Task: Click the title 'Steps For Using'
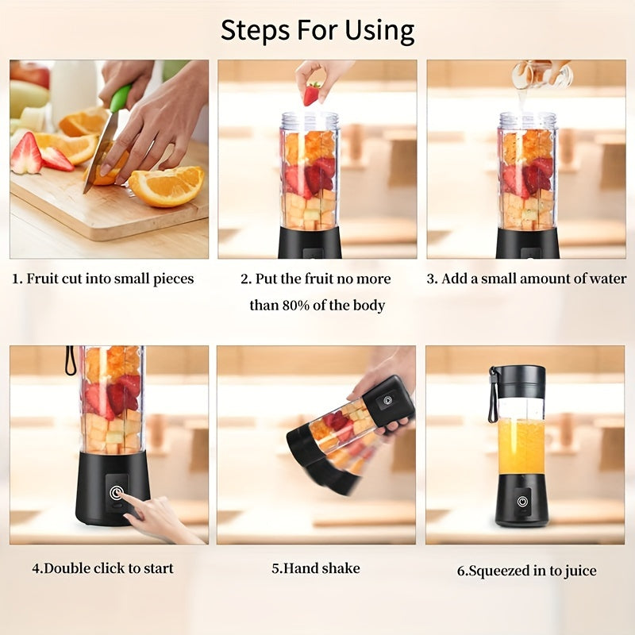[317, 30]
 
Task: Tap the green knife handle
[120, 98]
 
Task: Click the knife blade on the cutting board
[99, 155]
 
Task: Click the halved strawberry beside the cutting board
[25, 154]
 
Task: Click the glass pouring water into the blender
[542, 75]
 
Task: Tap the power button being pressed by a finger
[117, 492]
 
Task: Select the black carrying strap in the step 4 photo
[71, 360]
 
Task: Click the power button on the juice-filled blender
[522, 502]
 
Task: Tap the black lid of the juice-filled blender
[521, 381]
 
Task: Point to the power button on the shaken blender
[387, 400]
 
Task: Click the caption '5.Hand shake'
[316, 568]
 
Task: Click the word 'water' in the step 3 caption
[607, 279]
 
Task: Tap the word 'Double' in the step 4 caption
[66, 568]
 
